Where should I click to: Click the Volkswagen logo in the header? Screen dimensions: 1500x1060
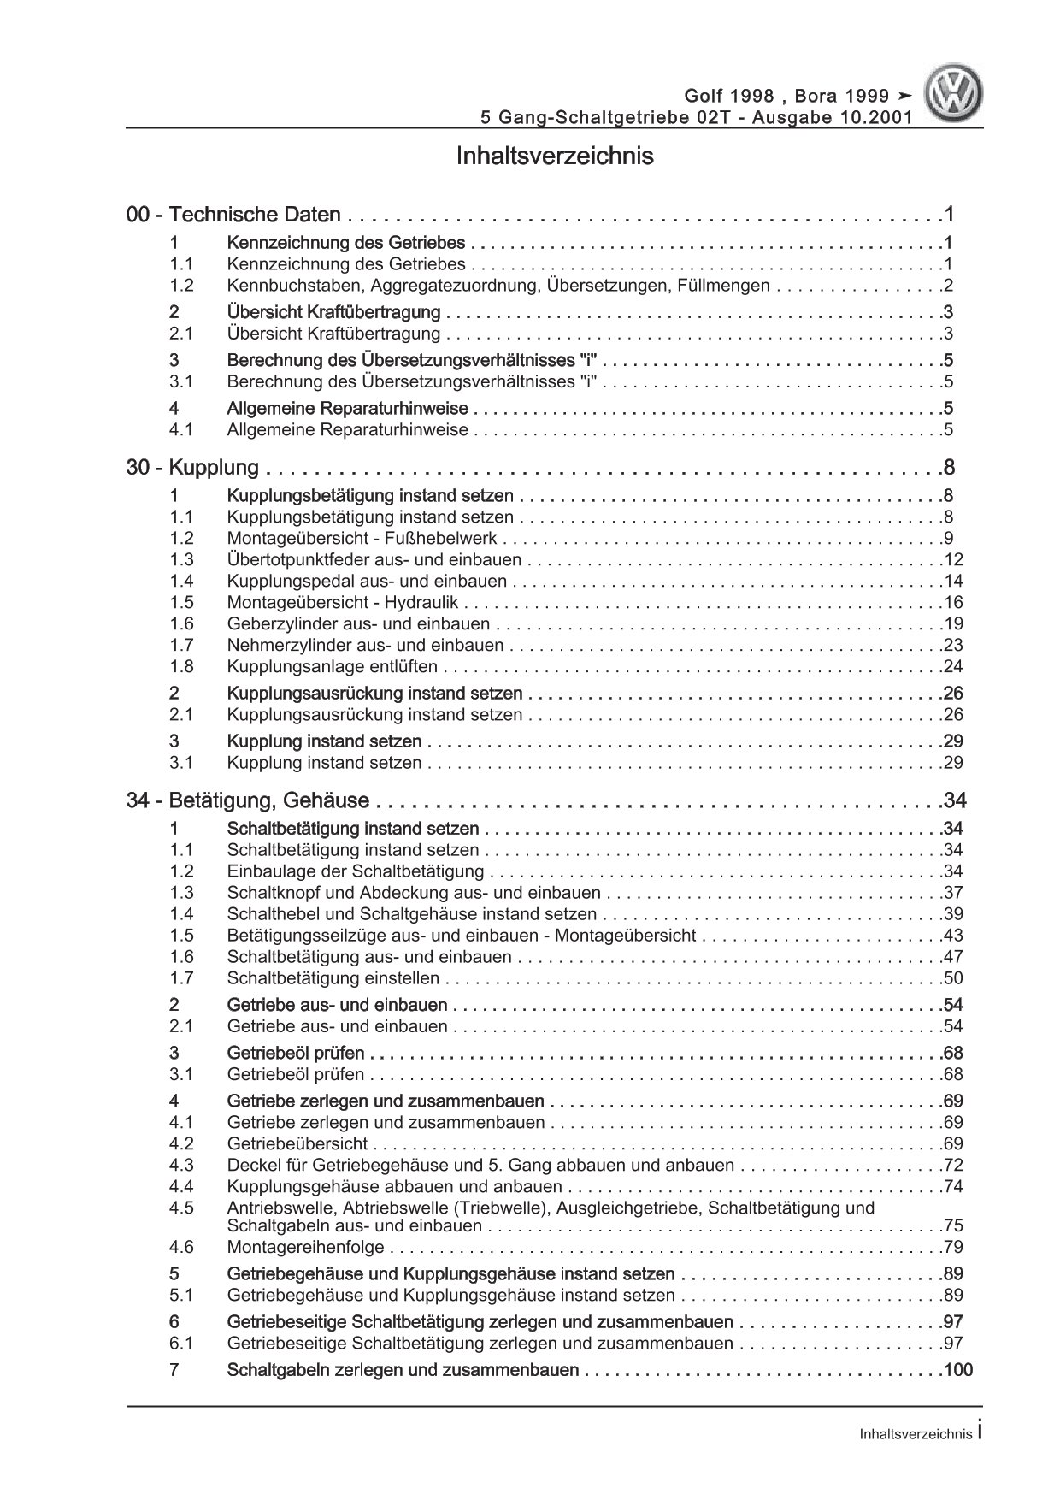[x=957, y=97]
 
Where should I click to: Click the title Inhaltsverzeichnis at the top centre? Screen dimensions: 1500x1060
[x=555, y=156]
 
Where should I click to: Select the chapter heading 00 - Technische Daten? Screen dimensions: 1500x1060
[x=233, y=215]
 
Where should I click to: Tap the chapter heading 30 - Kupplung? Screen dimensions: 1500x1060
[x=192, y=468]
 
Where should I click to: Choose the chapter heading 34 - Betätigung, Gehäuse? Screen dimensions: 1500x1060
[x=248, y=801]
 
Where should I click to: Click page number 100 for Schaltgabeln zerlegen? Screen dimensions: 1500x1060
[x=957, y=1370]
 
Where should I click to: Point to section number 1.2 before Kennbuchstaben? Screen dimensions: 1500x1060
[x=181, y=286]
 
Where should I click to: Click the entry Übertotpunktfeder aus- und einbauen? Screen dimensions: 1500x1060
[x=374, y=560]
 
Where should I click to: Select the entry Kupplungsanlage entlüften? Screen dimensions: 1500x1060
[x=333, y=667]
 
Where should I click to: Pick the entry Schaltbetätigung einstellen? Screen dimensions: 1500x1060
[x=333, y=978]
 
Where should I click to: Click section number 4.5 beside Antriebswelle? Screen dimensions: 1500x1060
[x=181, y=1208]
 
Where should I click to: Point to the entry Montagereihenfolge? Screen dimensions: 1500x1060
[x=306, y=1248]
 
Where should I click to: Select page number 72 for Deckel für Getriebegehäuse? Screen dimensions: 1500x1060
[x=952, y=1165]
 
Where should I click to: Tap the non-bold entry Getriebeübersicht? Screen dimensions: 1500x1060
[x=297, y=1143]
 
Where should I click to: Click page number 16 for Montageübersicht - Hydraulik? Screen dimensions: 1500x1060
[x=952, y=603]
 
